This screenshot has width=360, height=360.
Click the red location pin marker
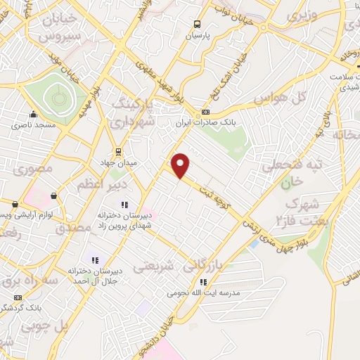tap(181, 166)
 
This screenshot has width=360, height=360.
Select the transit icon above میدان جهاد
tap(117, 150)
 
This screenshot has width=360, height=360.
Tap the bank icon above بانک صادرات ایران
tap(205, 112)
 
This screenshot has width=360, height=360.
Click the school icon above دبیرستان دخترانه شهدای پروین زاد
tap(125, 205)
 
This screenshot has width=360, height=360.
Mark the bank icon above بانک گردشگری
tap(17, 297)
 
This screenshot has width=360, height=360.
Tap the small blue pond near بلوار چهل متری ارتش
tap(252, 244)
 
